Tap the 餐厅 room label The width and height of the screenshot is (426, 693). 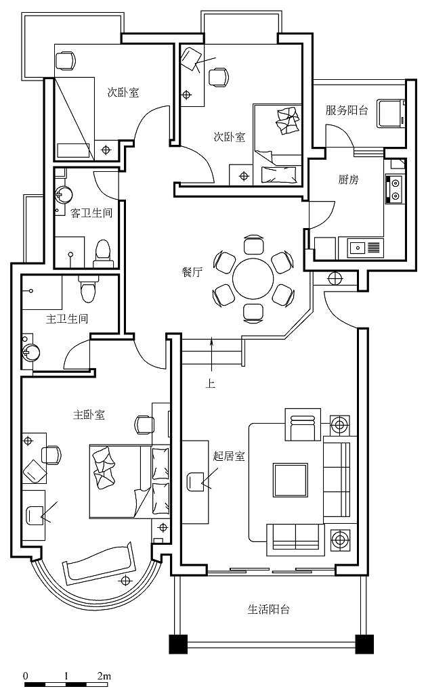pyautogui.click(x=192, y=272)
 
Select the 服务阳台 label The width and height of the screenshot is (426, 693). pyautogui.click(x=347, y=110)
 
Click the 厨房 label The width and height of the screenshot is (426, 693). pyautogui.click(x=348, y=179)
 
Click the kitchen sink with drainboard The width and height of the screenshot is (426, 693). pyautogui.click(x=366, y=247)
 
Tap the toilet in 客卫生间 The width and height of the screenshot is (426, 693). pyautogui.click(x=103, y=253)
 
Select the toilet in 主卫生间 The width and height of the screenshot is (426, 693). pyautogui.click(x=87, y=288)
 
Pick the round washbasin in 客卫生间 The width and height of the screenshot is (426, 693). pyautogui.click(x=64, y=194)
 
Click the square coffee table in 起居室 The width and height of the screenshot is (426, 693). pyautogui.click(x=290, y=480)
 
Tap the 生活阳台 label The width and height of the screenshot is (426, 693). pyautogui.click(x=268, y=610)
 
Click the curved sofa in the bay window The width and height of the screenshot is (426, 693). pyautogui.click(x=100, y=560)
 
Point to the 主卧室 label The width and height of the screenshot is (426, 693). pyautogui.click(x=89, y=415)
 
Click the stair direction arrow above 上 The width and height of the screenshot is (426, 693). pyautogui.click(x=213, y=355)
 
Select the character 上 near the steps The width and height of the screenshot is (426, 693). pyautogui.click(x=211, y=383)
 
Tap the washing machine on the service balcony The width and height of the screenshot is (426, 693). pyautogui.click(x=392, y=114)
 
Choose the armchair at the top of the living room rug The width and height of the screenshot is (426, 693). pyautogui.click(x=303, y=424)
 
